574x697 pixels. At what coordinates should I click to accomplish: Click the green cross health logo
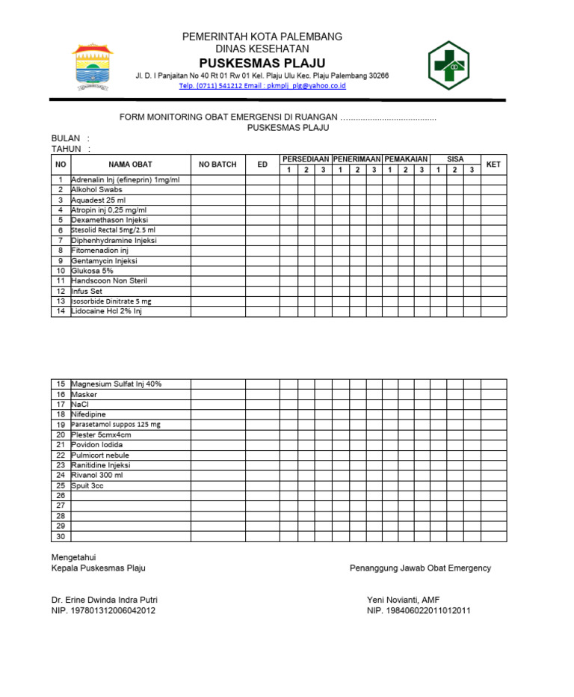click(448, 66)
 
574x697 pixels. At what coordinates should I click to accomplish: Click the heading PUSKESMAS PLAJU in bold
click(262, 62)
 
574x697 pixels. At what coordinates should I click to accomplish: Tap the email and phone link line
click(262, 86)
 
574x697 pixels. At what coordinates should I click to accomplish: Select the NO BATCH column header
click(217, 165)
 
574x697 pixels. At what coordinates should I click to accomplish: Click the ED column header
click(262, 165)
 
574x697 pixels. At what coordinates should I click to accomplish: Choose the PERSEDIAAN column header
click(306, 159)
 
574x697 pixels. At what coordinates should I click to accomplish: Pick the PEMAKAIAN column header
click(406, 159)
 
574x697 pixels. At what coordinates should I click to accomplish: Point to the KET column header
click(493, 165)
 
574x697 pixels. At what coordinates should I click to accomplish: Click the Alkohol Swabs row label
click(98, 190)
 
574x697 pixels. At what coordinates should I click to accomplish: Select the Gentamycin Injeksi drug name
click(104, 261)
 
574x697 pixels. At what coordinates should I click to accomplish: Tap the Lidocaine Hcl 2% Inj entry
click(106, 311)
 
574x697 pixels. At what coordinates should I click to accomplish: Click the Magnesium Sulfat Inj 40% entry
click(116, 384)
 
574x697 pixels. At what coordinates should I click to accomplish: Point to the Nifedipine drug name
click(88, 414)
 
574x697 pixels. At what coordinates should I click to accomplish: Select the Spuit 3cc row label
click(87, 485)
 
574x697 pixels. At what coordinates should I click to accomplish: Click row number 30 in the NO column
click(61, 536)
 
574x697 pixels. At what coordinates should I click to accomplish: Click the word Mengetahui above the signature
click(73, 557)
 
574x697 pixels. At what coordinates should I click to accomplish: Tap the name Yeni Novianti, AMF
click(404, 600)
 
